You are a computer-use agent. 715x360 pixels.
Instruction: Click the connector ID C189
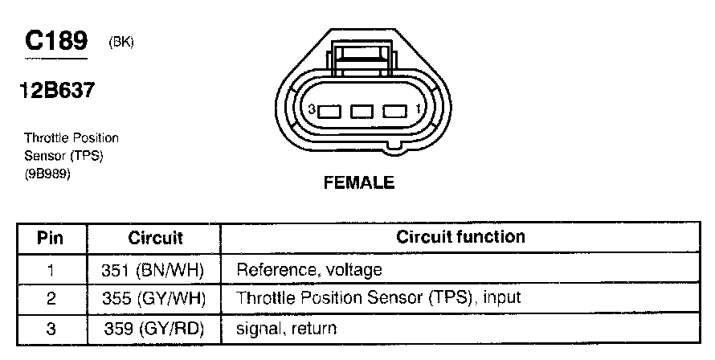point(55,41)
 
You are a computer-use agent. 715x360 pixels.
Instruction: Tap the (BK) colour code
point(121,43)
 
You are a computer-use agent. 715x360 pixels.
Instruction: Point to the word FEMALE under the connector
point(358,183)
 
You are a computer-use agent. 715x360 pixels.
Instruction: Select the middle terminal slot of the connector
point(360,110)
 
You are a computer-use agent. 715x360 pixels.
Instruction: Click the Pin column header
point(51,238)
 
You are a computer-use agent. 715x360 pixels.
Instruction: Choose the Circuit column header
point(155,238)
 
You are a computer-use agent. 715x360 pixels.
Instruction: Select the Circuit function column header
point(460,237)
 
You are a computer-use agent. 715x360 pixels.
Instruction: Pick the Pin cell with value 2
point(51,299)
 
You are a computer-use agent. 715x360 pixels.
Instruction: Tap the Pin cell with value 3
point(51,328)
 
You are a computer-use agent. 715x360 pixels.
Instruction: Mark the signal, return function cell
point(286,328)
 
